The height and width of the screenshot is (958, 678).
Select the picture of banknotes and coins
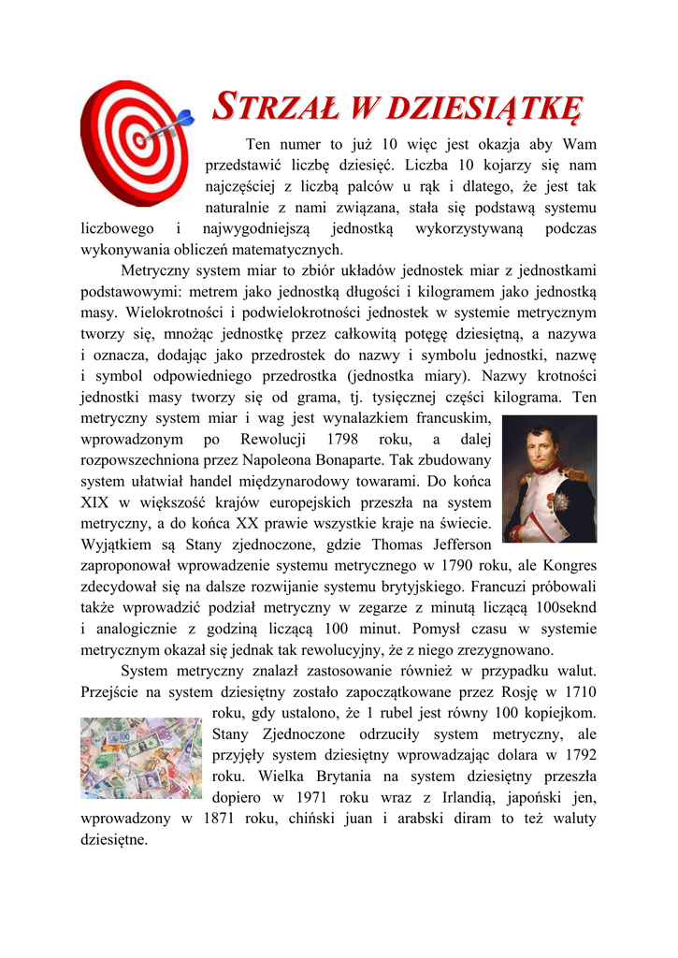click(140, 758)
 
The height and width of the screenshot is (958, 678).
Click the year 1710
click(579, 692)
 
